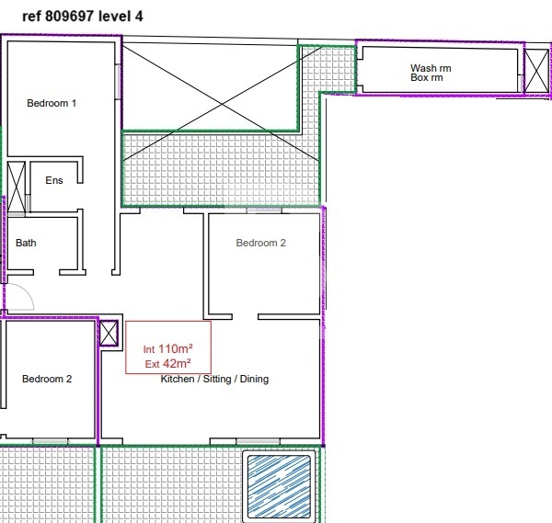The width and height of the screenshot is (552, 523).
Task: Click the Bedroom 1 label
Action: (x=52, y=103)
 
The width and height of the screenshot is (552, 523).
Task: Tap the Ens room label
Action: (x=54, y=180)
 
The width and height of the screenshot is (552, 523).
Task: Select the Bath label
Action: (x=26, y=243)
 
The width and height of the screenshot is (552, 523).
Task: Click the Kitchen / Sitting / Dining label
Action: (x=214, y=379)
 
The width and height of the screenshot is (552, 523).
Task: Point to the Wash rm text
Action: (x=431, y=68)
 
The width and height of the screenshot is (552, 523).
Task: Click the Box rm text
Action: (x=426, y=77)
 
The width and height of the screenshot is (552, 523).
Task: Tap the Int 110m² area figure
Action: (x=168, y=349)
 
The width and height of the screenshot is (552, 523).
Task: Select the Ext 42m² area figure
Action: (x=168, y=363)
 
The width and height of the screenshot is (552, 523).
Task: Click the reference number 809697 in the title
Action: (x=69, y=17)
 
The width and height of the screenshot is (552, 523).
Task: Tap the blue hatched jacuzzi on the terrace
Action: (x=279, y=486)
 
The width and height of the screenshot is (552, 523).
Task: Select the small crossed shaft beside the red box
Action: (x=109, y=333)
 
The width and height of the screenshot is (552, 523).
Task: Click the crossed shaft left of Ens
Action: (x=17, y=188)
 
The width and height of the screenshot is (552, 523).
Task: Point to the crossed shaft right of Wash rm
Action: (x=536, y=72)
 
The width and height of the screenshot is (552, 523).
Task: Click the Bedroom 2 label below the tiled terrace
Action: (x=261, y=243)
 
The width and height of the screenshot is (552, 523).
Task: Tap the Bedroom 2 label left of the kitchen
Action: (x=47, y=379)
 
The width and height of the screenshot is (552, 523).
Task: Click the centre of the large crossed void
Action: (x=222, y=103)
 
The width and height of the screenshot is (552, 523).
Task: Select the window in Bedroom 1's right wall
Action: (x=118, y=82)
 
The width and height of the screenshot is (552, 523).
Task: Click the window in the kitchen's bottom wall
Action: (x=258, y=441)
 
